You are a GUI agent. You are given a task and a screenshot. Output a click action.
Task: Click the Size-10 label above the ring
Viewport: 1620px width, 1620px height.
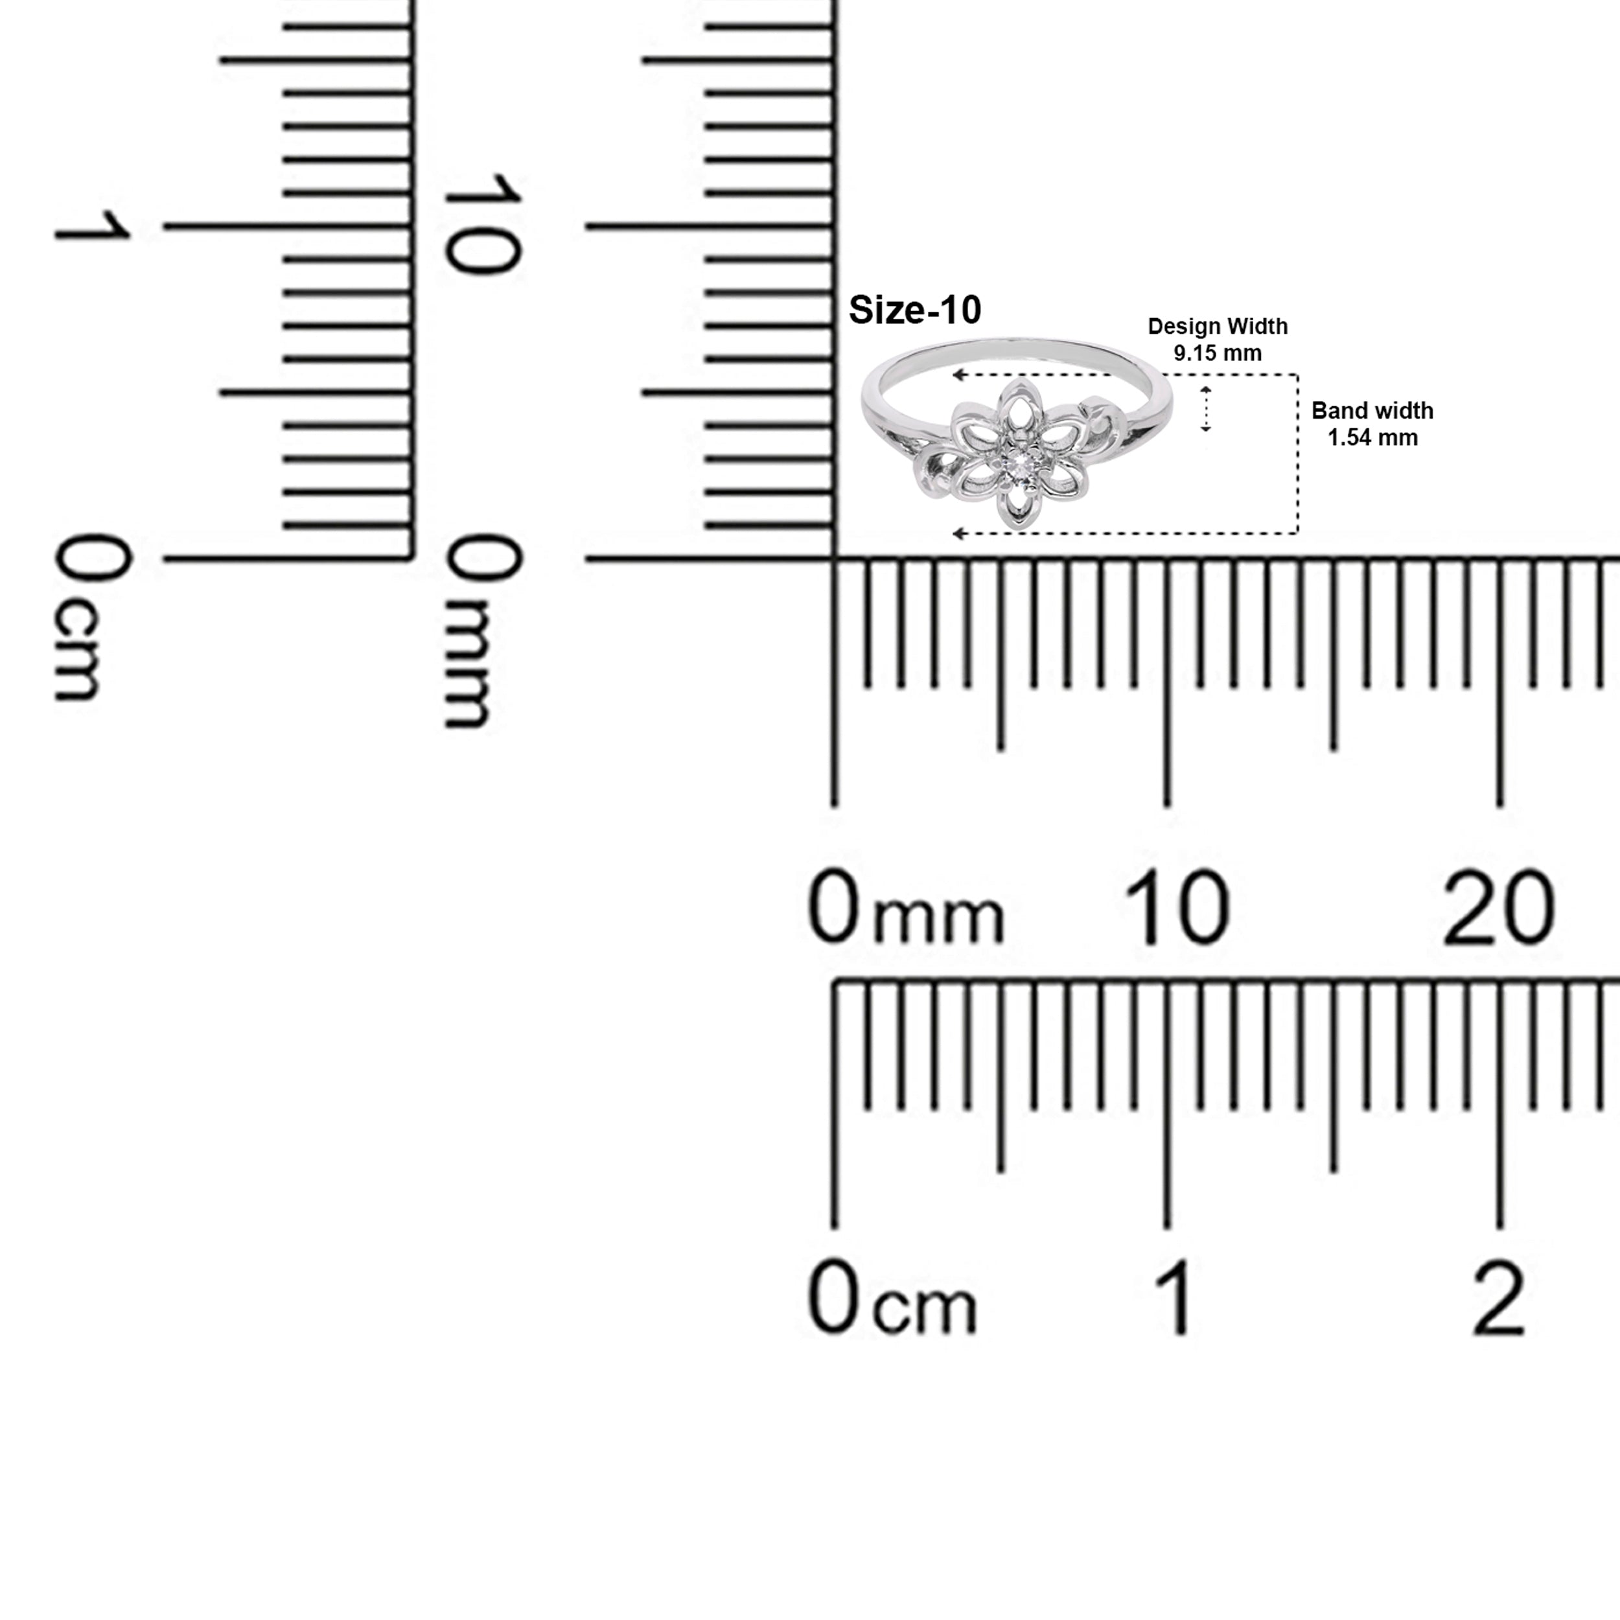[x=915, y=310]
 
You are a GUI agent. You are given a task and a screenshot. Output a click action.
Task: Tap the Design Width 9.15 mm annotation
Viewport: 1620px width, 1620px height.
[x=1218, y=340]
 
